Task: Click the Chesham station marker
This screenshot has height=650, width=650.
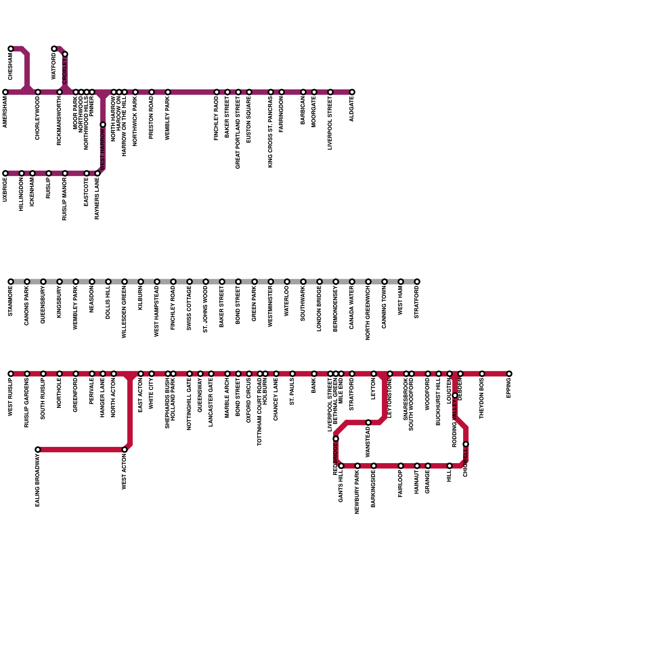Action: point(11,49)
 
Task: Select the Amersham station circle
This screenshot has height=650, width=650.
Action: point(5,92)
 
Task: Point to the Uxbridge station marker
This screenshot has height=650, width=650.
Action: point(5,173)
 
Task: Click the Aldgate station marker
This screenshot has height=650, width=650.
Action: point(352,92)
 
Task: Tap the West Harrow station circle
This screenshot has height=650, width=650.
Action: point(103,125)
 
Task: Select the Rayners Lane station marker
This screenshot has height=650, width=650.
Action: point(97,173)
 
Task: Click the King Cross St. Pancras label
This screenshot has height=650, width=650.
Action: point(271,132)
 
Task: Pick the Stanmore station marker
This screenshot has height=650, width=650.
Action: point(11,282)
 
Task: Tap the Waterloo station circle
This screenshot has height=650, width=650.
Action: point(287,282)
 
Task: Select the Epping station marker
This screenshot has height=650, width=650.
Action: point(509,374)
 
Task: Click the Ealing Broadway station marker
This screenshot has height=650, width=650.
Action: point(38,450)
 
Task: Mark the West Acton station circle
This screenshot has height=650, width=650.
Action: point(125,450)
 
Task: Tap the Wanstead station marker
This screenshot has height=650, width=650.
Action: point(368,422)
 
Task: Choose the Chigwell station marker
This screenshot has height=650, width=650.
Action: point(466,444)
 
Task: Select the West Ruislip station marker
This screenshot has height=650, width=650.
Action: point(11,374)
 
